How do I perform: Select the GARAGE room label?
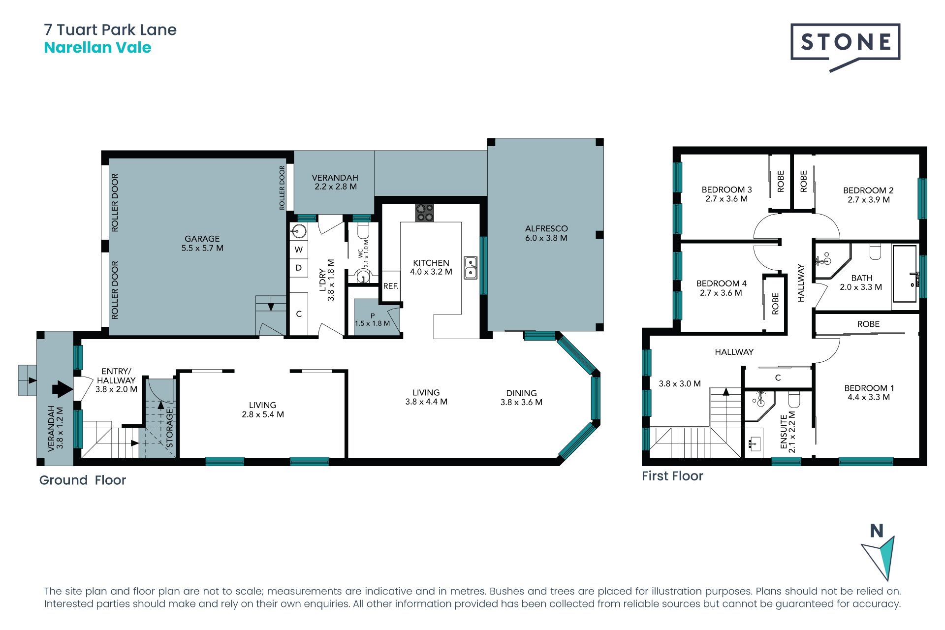(202, 239)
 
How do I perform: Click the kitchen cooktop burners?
(425, 213)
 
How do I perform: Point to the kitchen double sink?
(471, 267)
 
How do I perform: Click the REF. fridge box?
(391, 286)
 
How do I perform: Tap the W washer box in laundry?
(299, 250)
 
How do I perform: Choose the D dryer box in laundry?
(299, 268)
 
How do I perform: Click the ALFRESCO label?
(546, 228)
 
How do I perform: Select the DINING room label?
(521, 393)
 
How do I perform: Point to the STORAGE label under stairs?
(170, 427)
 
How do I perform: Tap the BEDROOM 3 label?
(726, 189)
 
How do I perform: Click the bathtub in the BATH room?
(905, 274)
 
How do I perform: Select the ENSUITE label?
(784, 432)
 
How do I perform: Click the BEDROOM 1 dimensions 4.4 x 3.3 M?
(869, 397)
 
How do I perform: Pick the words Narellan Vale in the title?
(97, 48)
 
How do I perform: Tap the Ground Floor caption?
(83, 480)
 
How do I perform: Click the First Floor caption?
(672, 476)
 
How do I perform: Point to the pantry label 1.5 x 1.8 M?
(373, 323)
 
